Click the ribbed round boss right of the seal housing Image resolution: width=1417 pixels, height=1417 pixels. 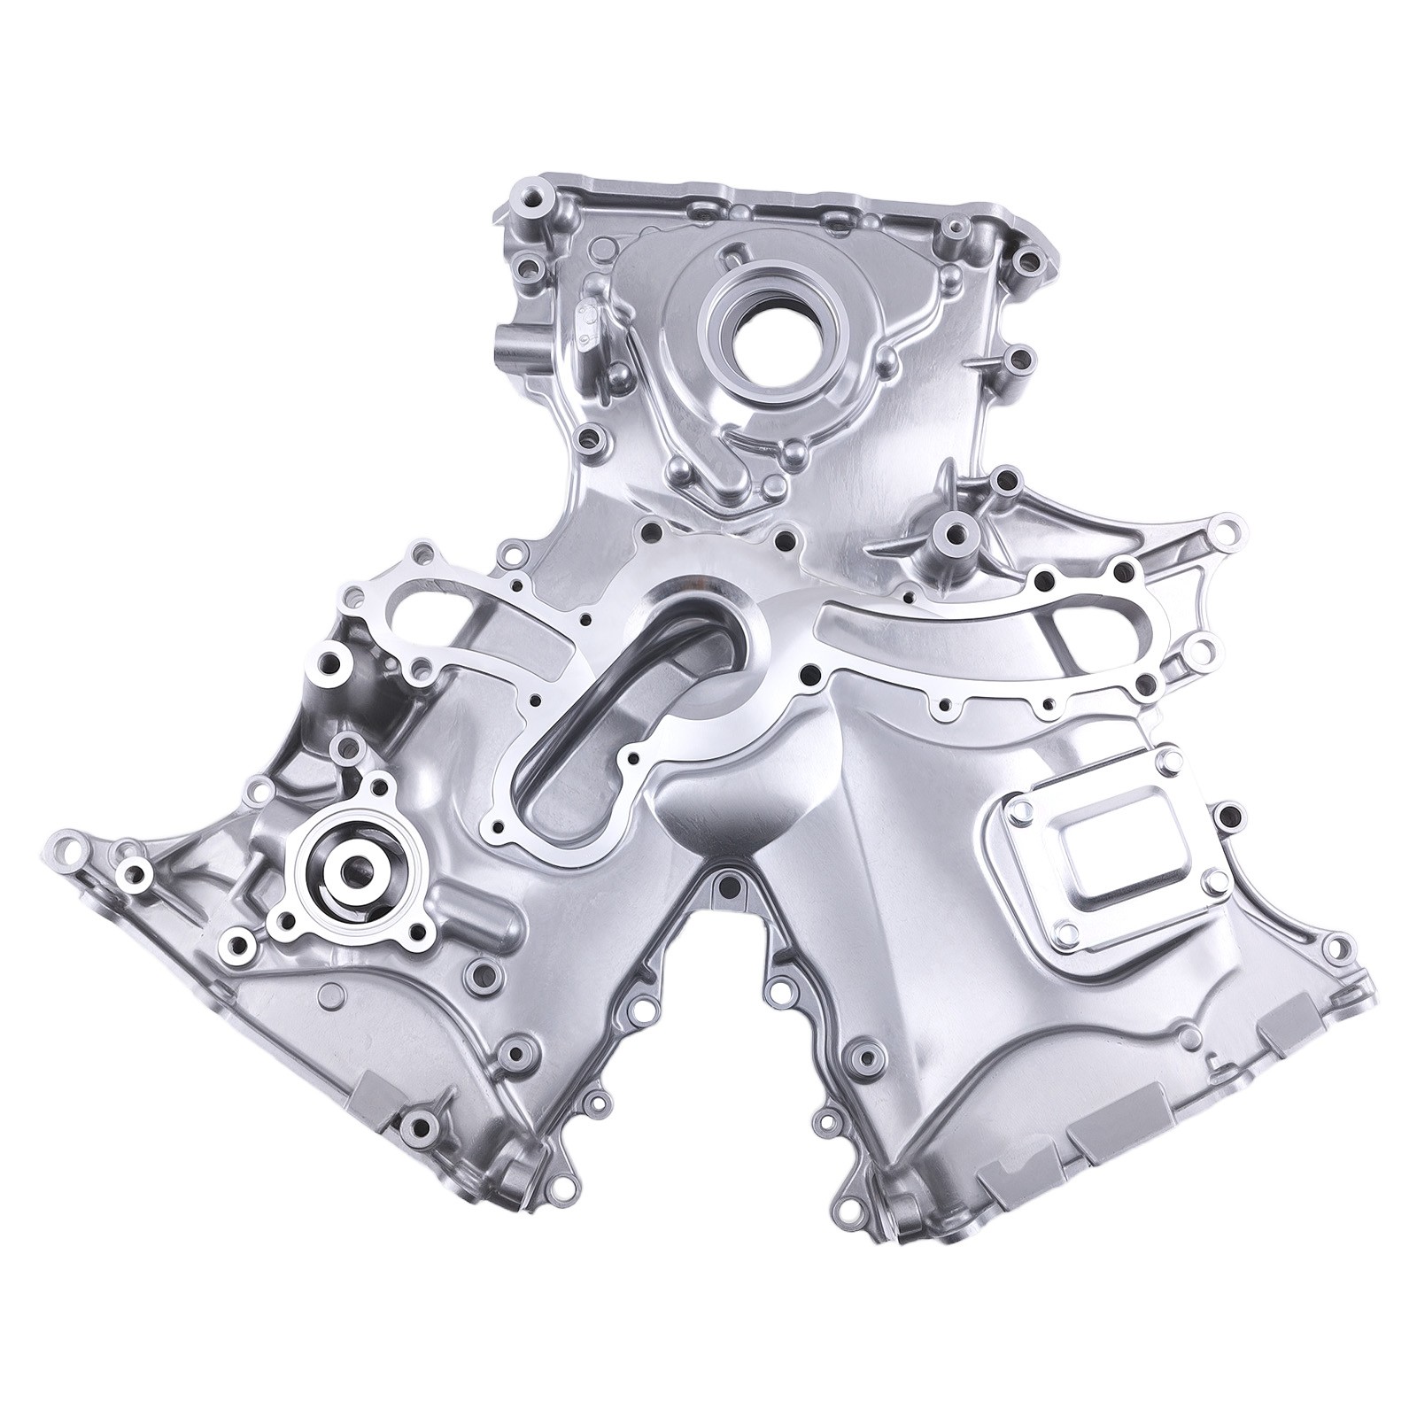tap(955, 535)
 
